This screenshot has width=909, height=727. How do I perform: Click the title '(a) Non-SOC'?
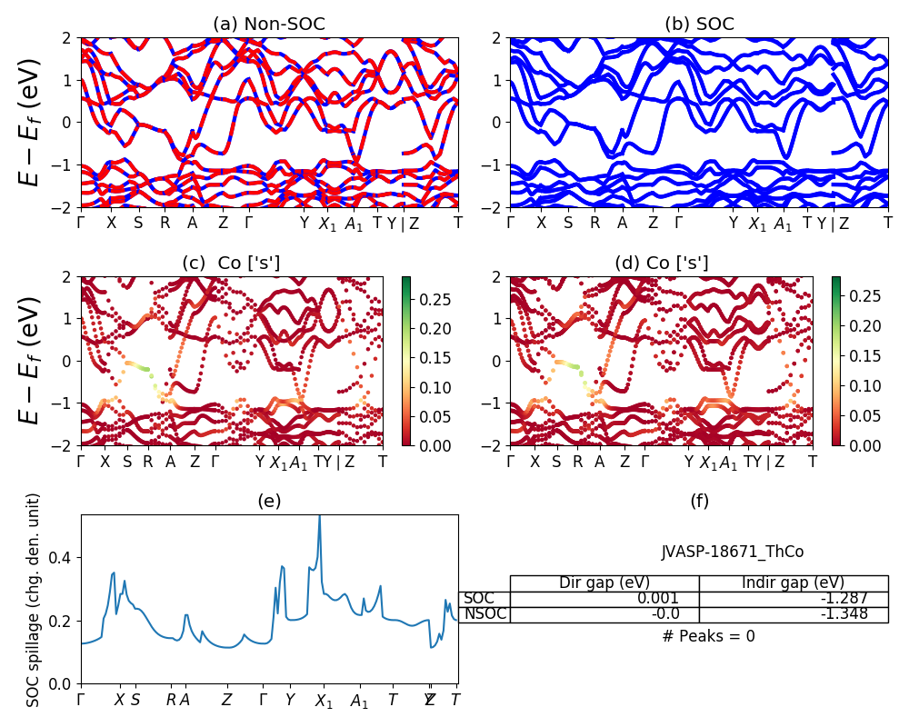269,25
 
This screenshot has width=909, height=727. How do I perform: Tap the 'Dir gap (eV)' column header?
604,583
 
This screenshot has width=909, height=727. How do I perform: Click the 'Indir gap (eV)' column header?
793,583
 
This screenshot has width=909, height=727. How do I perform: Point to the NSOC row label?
484,614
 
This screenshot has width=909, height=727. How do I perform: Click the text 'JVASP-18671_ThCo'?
732,552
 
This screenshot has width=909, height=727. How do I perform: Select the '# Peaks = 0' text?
708,636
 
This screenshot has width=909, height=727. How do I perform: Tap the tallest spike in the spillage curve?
319,518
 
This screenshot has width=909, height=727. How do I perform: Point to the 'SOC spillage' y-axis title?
34,600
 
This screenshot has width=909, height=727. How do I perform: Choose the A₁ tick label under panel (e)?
359,701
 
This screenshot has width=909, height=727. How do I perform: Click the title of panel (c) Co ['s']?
231,263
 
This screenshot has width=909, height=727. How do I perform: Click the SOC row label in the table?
479,599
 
